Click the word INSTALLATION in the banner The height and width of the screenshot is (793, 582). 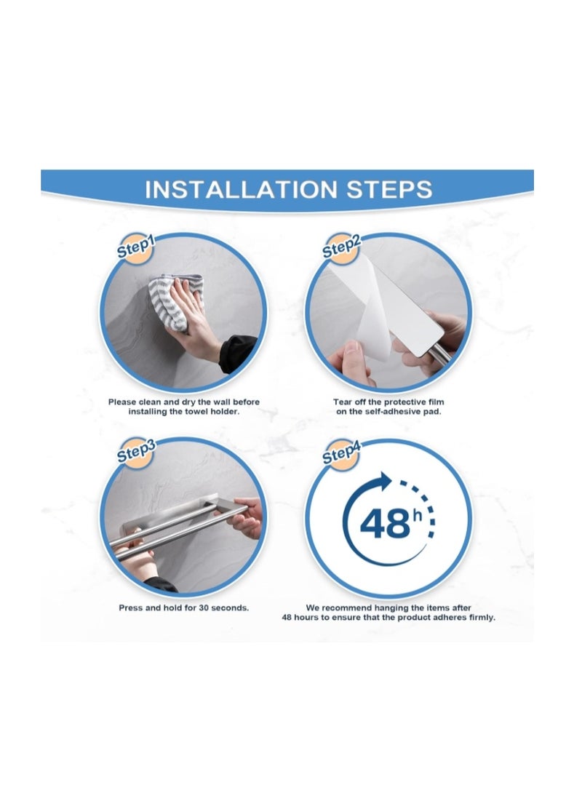coord(241,190)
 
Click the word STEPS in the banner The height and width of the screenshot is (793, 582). coord(389,190)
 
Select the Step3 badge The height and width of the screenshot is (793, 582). coord(136,452)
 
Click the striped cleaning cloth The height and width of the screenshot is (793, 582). coord(175,302)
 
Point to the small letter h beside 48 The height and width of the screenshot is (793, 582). coord(417,515)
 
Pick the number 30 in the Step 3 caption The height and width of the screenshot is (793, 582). coord(204,608)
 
